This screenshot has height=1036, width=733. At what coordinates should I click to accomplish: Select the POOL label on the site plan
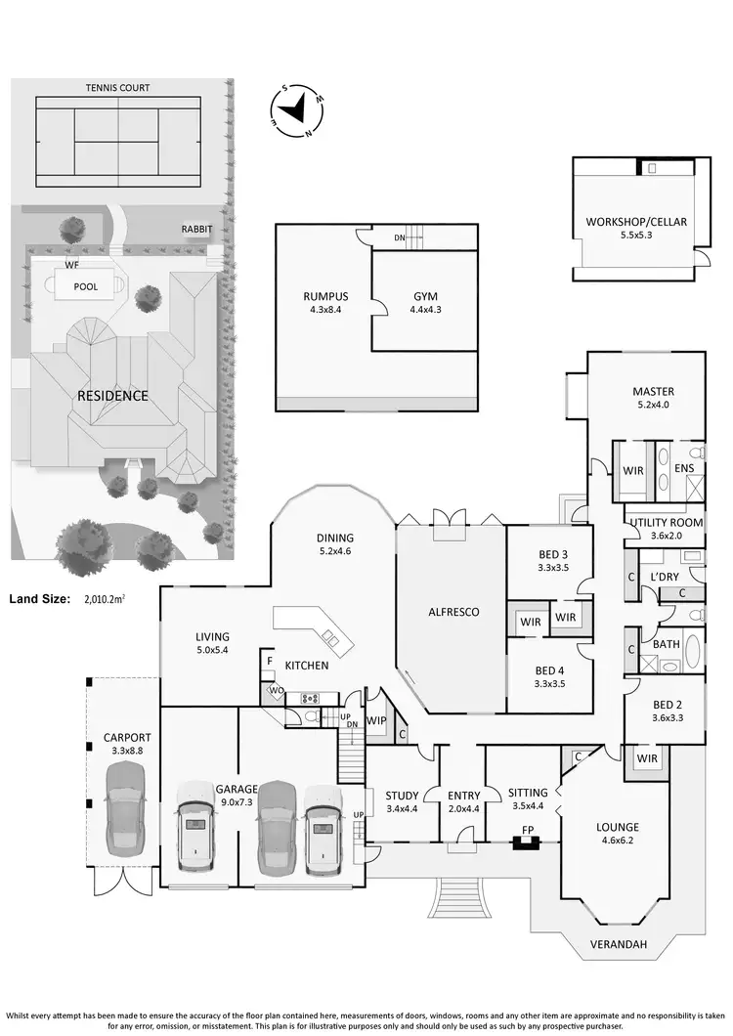(86, 287)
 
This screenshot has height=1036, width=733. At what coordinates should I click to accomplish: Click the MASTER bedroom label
(653, 392)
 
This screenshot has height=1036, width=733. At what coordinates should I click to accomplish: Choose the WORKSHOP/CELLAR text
(636, 222)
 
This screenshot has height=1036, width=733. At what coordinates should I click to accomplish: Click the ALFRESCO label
(451, 612)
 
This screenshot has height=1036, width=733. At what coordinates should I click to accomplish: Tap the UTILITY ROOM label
(665, 523)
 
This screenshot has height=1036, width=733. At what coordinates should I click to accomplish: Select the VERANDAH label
(619, 945)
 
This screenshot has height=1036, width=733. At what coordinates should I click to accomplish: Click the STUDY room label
(402, 795)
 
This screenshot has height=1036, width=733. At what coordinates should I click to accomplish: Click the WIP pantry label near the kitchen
(375, 721)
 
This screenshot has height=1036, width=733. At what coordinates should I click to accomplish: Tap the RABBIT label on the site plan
(197, 230)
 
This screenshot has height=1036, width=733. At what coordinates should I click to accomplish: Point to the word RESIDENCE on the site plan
(112, 396)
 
